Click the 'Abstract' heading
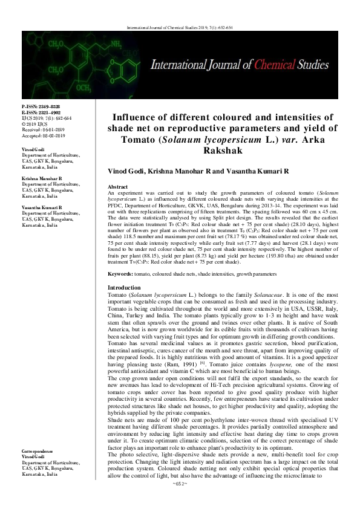pos(117,188)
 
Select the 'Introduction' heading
pos(124,287)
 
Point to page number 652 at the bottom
pos(180,501)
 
